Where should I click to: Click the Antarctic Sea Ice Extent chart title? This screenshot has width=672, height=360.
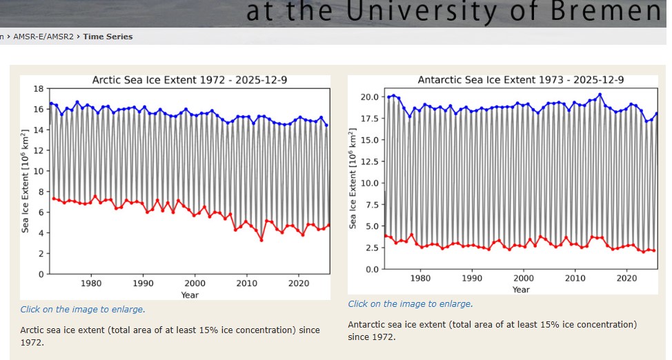pyautogui.click(x=520, y=80)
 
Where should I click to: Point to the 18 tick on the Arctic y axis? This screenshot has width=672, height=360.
pyautogui.click(x=39, y=88)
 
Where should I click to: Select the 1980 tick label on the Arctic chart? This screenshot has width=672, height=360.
pyautogui.click(x=91, y=283)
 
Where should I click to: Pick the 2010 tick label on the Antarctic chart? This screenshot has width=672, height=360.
pyautogui.click(x=575, y=278)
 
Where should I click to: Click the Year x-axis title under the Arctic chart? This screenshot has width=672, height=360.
pyautogui.click(x=190, y=294)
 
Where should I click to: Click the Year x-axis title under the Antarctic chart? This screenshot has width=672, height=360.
pyautogui.click(x=521, y=290)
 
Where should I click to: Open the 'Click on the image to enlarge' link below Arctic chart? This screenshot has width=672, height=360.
pyautogui.click(x=83, y=310)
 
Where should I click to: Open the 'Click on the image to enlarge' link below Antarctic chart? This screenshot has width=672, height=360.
pyautogui.click(x=411, y=304)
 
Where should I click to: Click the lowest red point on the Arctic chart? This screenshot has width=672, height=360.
pyautogui.click(x=261, y=239)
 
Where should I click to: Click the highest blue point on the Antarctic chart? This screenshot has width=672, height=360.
pyautogui.click(x=600, y=94)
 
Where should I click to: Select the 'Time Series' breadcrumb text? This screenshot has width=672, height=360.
pyautogui.click(x=108, y=37)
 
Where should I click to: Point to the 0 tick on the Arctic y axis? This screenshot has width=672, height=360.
pyautogui.click(x=42, y=274)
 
